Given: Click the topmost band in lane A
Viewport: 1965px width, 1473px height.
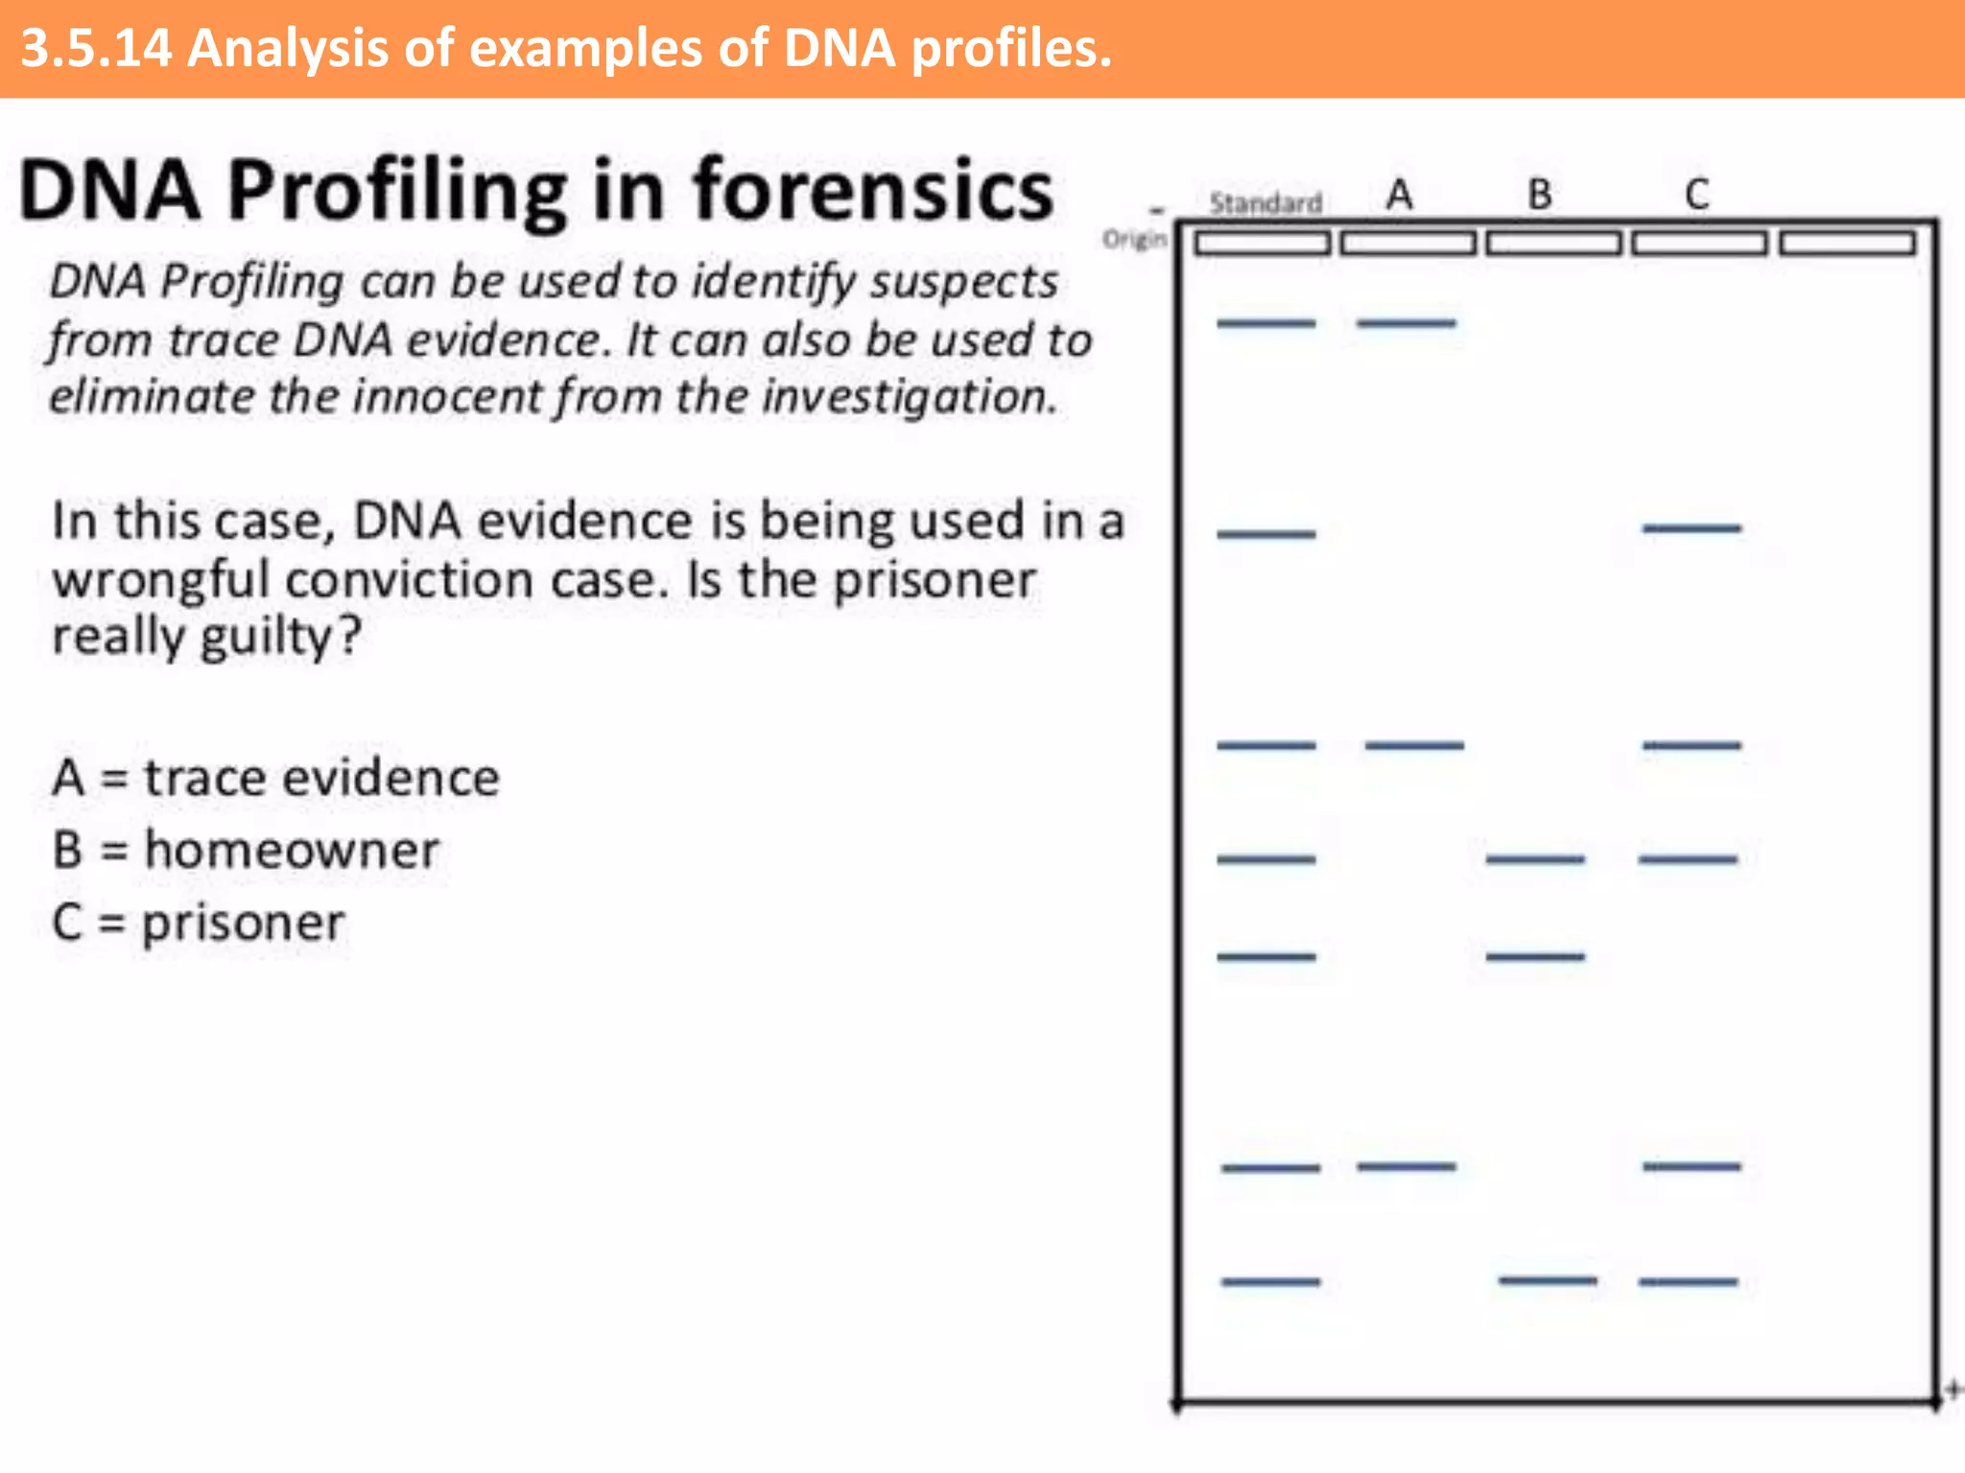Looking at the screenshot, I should tap(1406, 323).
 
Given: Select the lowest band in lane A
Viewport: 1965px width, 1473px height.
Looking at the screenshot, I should tap(1407, 1166).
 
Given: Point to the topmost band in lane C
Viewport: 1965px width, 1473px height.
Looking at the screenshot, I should tap(1692, 527).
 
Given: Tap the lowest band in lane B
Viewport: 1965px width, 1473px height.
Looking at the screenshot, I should tap(1548, 1279).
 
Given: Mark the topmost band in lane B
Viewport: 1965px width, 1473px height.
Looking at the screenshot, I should tap(1535, 859).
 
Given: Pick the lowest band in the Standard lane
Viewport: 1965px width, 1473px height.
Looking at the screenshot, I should tap(1270, 1281).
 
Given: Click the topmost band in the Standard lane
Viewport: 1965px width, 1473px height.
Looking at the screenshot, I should tap(1267, 323).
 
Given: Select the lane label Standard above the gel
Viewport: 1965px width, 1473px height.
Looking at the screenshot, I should tap(1266, 202).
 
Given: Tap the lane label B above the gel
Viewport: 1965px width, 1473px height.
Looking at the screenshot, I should tap(1540, 195).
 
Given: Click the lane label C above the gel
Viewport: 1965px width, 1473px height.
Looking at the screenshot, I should tap(1696, 195).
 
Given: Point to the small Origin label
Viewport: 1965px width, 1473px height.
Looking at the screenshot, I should tap(1135, 238).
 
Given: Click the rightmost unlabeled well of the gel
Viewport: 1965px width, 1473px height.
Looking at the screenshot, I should tap(1848, 244).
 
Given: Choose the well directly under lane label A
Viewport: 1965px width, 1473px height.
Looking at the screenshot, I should tap(1408, 244).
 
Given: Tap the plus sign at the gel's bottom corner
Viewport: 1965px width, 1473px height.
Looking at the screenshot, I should tap(1953, 1389).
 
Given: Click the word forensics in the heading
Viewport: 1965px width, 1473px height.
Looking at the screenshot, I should tap(873, 190).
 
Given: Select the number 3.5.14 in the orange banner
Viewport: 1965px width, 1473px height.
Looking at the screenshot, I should tap(96, 48).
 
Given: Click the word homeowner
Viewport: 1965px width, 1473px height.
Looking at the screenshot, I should tap(292, 850).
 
